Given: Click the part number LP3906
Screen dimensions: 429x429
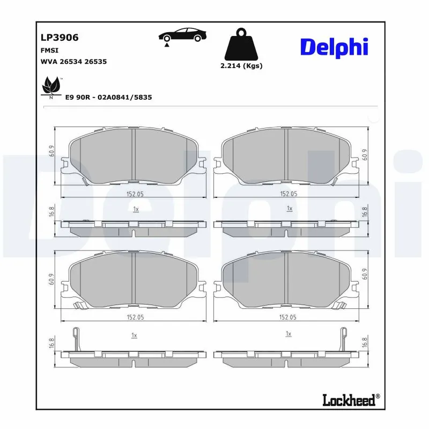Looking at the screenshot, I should coord(60,38).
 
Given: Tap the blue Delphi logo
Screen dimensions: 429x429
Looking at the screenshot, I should coord(334,47).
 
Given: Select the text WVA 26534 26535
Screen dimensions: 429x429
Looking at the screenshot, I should coord(73,62).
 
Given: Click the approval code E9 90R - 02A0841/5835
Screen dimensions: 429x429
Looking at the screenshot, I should coord(108,98).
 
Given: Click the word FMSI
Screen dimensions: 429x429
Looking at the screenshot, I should coord(49,50).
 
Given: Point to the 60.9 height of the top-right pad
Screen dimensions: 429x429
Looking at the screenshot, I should coord(365,155).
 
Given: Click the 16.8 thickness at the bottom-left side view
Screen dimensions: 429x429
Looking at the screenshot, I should coord(51,343).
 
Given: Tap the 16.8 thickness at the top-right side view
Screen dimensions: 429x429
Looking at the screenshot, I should coord(365,212).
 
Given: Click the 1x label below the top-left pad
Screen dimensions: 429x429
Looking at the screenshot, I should coord(136,208).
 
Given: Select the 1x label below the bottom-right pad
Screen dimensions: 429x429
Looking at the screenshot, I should coord(289,334).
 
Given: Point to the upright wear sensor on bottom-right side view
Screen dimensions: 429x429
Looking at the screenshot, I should coord(341,338).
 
